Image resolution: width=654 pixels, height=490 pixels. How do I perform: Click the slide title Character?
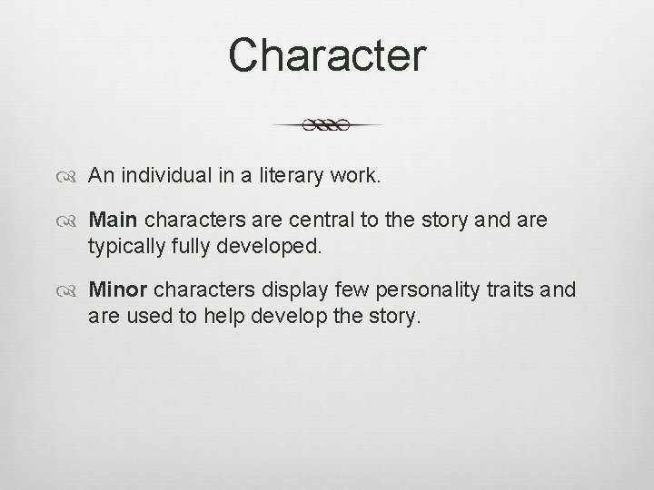pos(327,54)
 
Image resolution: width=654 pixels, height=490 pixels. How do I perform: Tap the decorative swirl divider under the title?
pos(326,125)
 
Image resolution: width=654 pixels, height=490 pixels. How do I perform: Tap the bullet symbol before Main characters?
pos(71,220)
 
